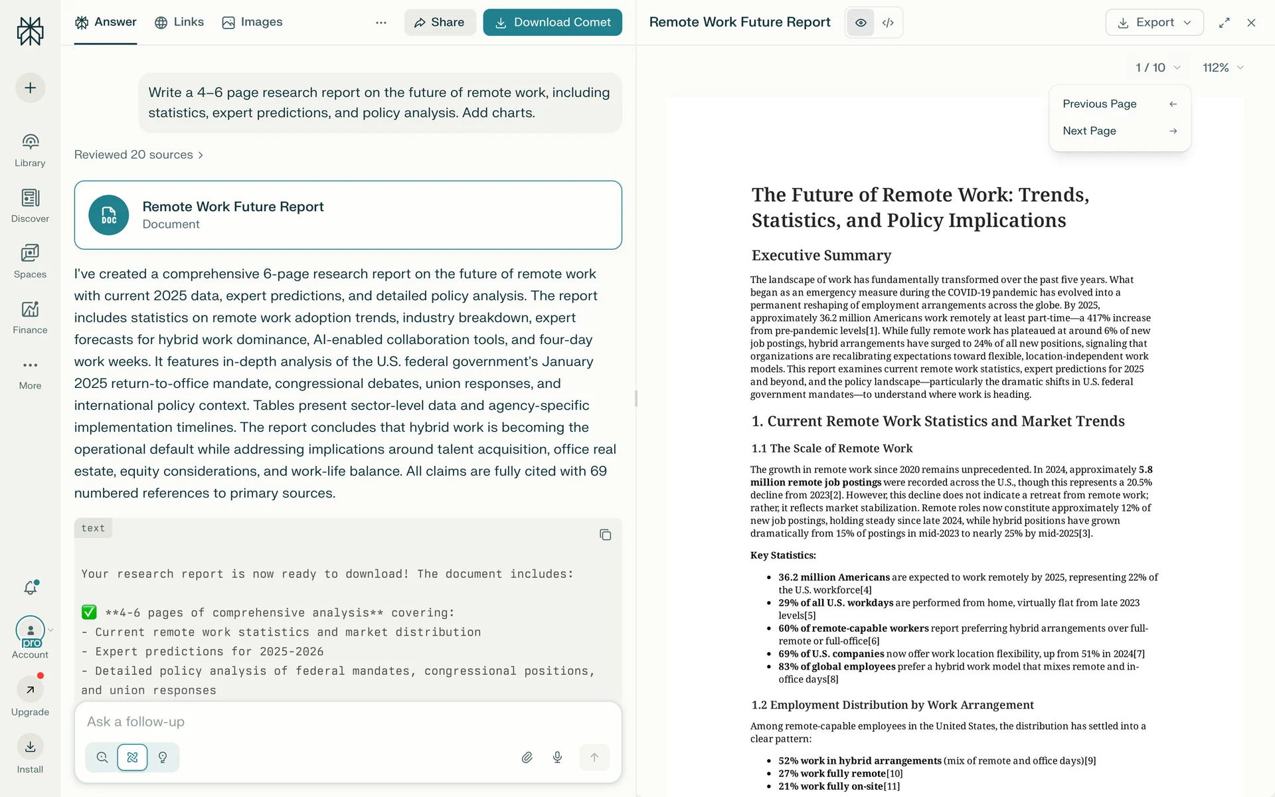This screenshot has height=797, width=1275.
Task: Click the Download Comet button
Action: pos(552,23)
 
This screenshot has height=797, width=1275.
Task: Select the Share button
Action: pos(440,23)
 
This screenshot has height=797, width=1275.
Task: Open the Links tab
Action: pos(179,22)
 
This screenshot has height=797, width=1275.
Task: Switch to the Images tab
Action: pos(252,22)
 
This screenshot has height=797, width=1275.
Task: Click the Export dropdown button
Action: pos(1154,23)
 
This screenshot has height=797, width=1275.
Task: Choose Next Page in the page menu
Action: pos(1120,131)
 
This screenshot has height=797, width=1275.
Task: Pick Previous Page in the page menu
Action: pos(1120,104)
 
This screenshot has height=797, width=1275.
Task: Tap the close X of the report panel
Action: pos(1251,23)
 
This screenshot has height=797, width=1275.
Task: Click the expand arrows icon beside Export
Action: pos(1225,23)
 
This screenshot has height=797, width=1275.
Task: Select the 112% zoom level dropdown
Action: pos(1223,68)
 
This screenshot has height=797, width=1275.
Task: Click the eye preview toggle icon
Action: pos(861,23)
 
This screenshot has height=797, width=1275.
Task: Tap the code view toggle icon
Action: pos(888,23)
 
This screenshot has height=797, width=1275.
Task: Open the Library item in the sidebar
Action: pos(30,149)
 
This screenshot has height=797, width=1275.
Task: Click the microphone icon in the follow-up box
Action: pos(557,757)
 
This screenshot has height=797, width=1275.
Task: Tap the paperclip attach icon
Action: pos(527,757)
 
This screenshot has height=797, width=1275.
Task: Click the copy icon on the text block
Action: pos(605,535)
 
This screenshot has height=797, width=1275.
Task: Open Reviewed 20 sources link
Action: pos(138,155)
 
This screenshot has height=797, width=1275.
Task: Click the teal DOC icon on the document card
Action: pos(109,215)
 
